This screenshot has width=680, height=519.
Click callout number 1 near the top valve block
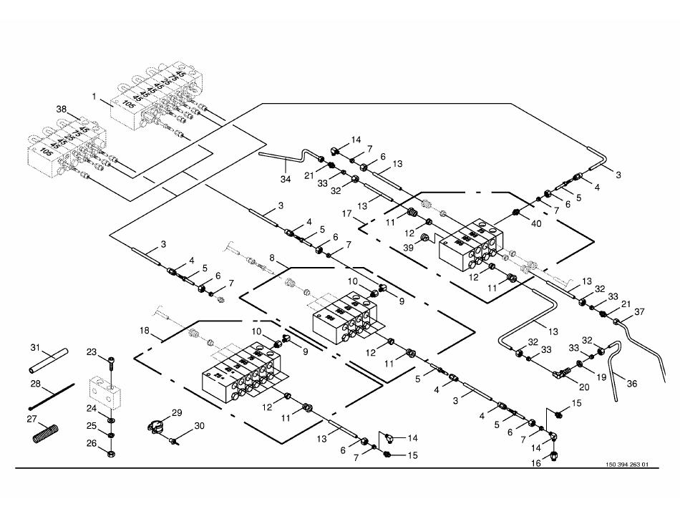point(94,95)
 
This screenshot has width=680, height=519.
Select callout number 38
point(62,109)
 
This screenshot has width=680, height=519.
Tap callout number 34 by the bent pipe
point(286,177)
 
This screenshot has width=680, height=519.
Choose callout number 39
point(409,246)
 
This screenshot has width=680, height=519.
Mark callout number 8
point(272,256)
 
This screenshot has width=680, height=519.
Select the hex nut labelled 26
point(112,453)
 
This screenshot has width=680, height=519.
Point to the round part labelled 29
point(154,424)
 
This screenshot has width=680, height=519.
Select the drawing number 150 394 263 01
point(626,465)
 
